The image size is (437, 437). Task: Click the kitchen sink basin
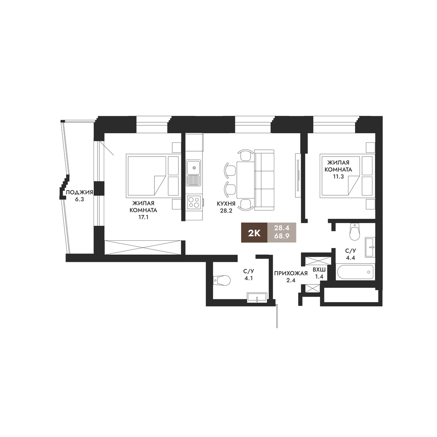pyautogui.click(x=193, y=168)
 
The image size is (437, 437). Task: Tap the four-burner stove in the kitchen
pyautogui.click(x=194, y=202)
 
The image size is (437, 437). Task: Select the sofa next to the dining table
pyautogui.click(x=264, y=180)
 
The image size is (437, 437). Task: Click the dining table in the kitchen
pyautogui.click(x=245, y=180)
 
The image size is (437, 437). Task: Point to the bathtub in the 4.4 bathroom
pyautogui.click(x=355, y=272)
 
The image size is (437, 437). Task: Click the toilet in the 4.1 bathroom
pyautogui.click(x=222, y=280)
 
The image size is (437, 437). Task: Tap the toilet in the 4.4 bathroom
pyautogui.click(x=355, y=231)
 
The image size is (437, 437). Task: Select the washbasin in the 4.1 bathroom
pyautogui.click(x=257, y=297)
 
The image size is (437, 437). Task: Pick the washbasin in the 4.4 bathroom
pyautogui.click(x=370, y=247)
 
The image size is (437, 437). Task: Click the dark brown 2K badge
pyautogui.click(x=254, y=233)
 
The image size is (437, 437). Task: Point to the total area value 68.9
pyautogui.click(x=282, y=236)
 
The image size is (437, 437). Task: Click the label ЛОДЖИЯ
pyautogui.click(x=79, y=193)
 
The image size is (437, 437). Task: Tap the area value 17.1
pyautogui.click(x=143, y=217)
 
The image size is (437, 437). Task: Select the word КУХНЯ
pyautogui.click(x=226, y=204)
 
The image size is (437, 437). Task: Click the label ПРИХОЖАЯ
pyautogui.click(x=291, y=273)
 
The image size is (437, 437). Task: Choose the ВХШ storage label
pyautogui.click(x=319, y=269)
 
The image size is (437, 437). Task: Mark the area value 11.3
pyautogui.click(x=338, y=177)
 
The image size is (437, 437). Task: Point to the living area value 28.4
pyautogui.click(x=282, y=228)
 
